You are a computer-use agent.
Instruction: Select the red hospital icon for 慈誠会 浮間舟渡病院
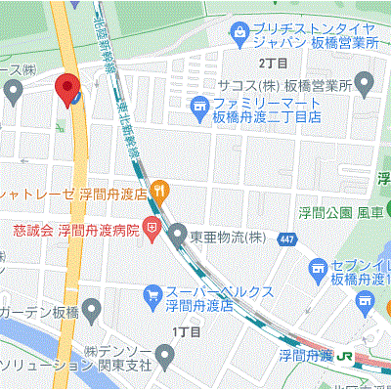(152, 232)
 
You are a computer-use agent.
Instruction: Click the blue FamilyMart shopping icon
(199, 104)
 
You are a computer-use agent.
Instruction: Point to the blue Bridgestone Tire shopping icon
(239, 33)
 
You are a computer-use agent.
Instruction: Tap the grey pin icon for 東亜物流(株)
(178, 234)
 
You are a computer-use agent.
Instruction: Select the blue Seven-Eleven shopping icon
(317, 268)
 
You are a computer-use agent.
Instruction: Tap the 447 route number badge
(283, 239)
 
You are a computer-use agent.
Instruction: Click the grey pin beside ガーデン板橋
(90, 313)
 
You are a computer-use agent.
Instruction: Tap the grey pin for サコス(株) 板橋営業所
(365, 85)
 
